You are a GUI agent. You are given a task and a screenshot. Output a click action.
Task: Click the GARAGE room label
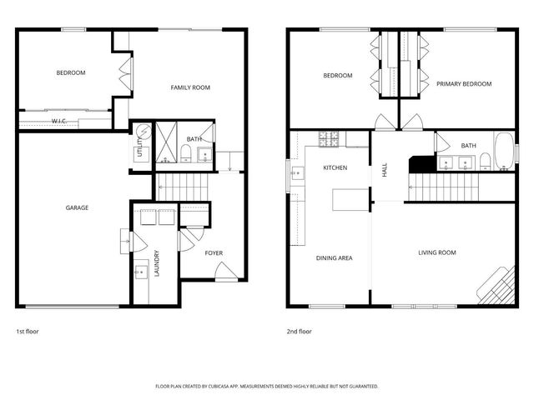coord(77,207)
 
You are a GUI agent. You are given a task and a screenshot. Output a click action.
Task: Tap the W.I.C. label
coord(58,121)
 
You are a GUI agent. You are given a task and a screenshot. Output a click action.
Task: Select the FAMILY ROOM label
coord(189,87)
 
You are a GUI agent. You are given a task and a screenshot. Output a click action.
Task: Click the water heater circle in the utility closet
coord(143,132)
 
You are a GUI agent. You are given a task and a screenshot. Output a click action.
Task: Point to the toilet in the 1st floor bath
coord(185,152)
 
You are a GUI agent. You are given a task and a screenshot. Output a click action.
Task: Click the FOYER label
coord(214,252)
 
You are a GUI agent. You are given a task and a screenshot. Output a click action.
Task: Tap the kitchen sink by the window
coord(298,173)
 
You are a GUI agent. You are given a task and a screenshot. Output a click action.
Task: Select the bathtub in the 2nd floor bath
coord(504,152)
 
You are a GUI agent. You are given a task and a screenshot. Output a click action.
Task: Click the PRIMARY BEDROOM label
coord(464,83)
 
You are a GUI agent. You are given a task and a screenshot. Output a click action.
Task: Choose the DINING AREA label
coord(334,257)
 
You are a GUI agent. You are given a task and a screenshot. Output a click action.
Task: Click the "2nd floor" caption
coord(299,331)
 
